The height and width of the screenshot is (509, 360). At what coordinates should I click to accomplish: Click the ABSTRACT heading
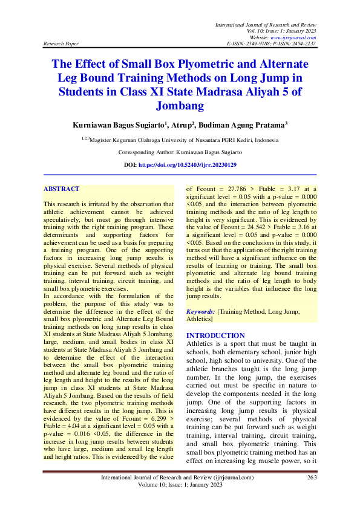61,189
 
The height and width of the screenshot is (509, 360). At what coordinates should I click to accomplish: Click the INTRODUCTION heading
215,335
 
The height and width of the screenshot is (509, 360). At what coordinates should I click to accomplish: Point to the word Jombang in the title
180,106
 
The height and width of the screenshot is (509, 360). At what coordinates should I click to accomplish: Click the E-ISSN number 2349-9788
258,44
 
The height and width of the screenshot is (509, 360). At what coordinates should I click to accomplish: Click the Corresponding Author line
180,152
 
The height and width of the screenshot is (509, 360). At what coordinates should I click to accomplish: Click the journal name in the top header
266,23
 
